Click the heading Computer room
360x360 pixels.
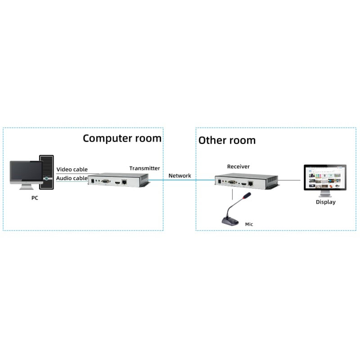click(x=122, y=138)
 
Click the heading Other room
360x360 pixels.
click(x=227, y=140)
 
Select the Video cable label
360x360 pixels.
click(x=72, y=170)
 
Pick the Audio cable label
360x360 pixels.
click(x=72, y=178)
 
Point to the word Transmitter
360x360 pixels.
click(x=144, y=168)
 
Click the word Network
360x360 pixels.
click(x=180, y=175)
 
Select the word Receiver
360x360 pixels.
click(x=238, y=166)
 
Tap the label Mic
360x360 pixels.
click(x=249, y=224)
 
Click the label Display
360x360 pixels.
click(x=325, y=202)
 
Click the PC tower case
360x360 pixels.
click(x=46, y=172)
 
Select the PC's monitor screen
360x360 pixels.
click(x=26, y=173)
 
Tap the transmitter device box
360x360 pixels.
click(x=119, y=181)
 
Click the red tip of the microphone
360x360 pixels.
click(x=247, y=196)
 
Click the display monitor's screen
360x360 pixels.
click(x=325, y=178)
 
